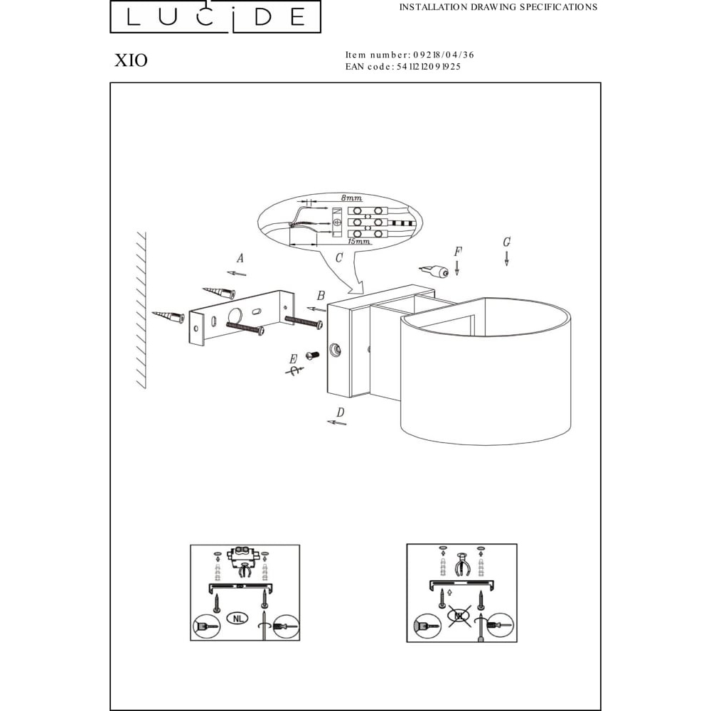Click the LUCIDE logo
click(x=215, y=17)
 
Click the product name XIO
click(x=131, y=60)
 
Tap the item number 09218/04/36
click(x=444, y=55)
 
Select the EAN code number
click(x=429, y=67)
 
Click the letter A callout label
click(x=240, y=258)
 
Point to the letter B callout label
click(x=321, y=296)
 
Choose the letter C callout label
click(x=338, y=257)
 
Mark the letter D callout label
click(x=340, y=412)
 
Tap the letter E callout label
click(x=294, y=360)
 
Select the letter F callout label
click(x=458, y=252)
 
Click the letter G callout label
click(x=506, y=242)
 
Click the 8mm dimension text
click(x=351, y=198)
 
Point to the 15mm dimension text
click(x=358, y=241)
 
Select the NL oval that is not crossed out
click(x=237, y=618)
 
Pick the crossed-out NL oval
click(x=459, y=615)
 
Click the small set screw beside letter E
click(x=311, y=355)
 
